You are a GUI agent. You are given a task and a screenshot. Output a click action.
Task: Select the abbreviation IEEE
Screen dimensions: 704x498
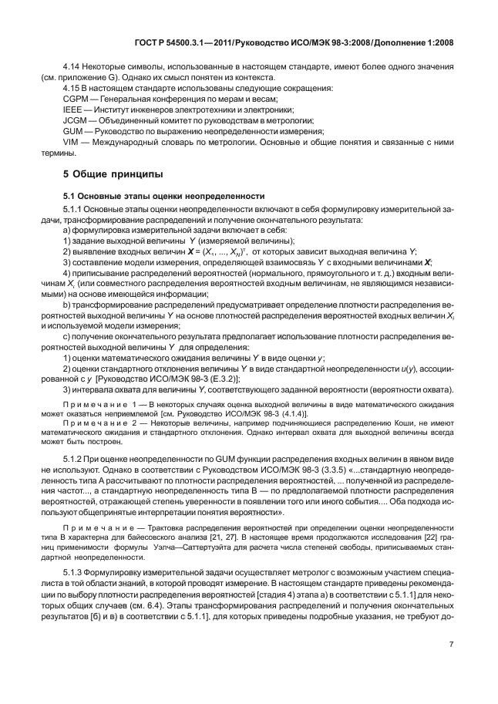72,111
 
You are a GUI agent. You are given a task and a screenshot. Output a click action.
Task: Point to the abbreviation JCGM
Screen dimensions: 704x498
75,122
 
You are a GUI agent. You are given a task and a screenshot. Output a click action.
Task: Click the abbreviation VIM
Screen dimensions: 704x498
71,143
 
